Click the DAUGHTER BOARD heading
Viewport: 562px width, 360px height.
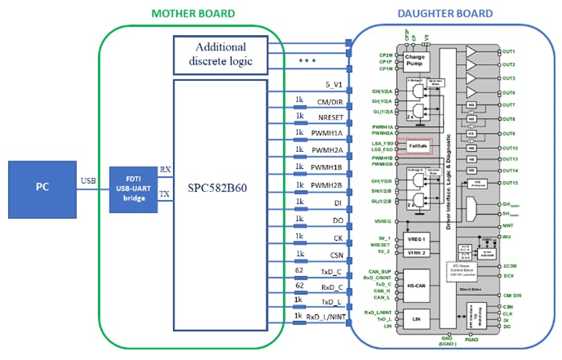pos(445,13)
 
